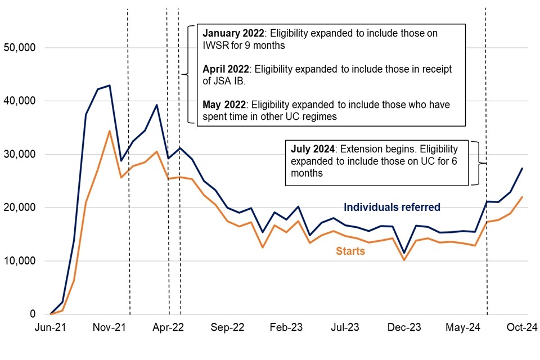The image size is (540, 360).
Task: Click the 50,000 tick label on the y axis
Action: (20, 48)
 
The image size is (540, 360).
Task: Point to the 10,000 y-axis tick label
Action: (20, 261)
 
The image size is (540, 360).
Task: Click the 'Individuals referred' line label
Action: (391, 208)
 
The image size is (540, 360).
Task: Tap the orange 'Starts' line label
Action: (350, 251)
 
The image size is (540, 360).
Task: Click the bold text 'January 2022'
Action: (227, 33)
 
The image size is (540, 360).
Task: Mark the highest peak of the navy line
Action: (109, 85)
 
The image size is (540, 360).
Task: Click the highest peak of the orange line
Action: (109, 131)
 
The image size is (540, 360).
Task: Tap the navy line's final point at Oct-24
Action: (523, 168)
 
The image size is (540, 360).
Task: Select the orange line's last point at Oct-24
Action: (523, 197)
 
